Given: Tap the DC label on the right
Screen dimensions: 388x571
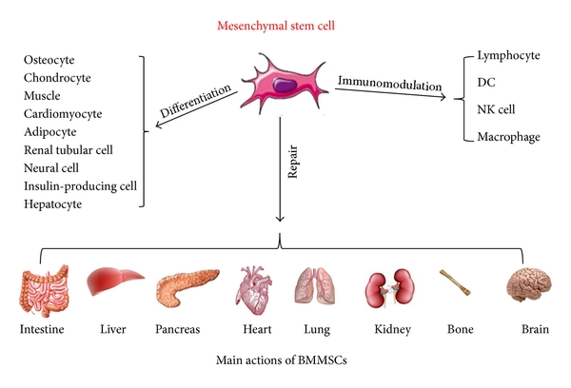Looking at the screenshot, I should (484, 83).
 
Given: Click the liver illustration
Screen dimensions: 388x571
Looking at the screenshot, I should (114, 282).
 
